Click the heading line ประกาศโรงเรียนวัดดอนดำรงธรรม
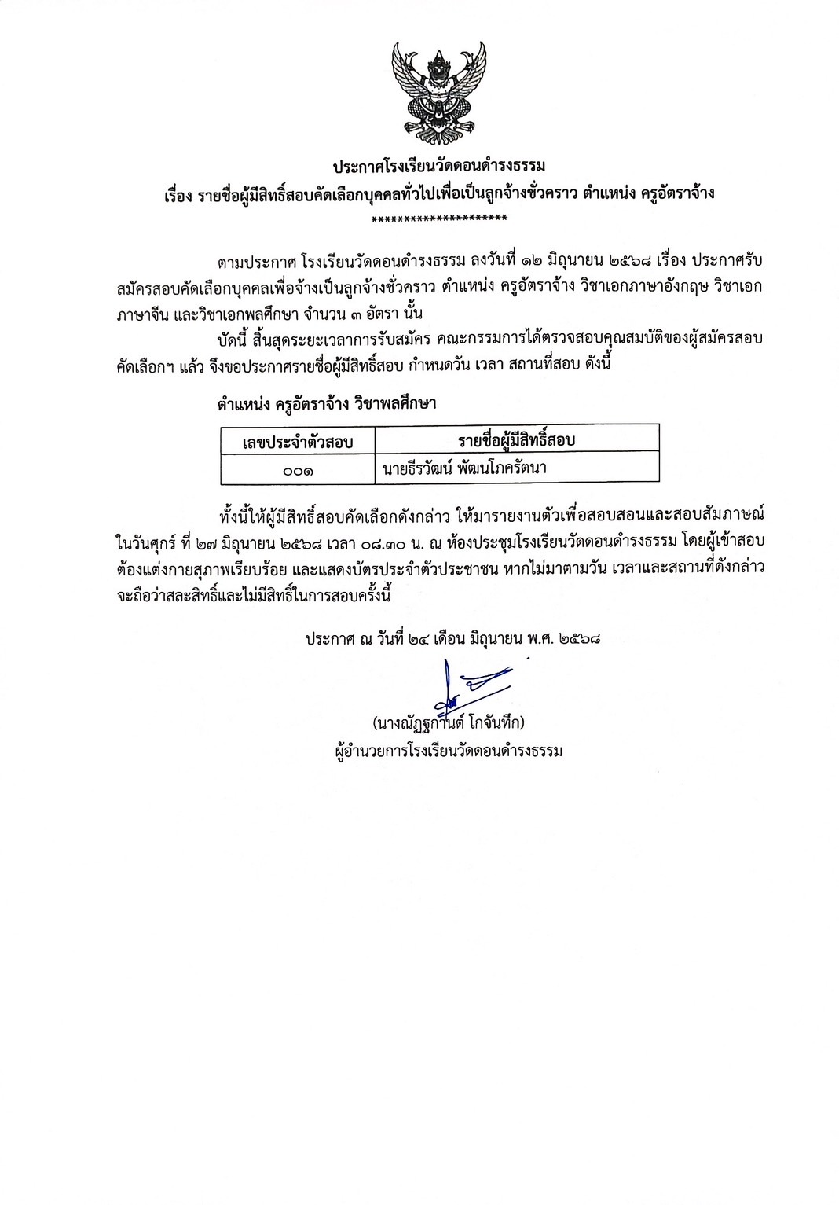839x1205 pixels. (438, 167)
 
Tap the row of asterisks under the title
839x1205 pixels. (439, 219)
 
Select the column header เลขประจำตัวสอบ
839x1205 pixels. (298, 442)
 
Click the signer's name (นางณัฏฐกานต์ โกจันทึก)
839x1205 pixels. (449, 722)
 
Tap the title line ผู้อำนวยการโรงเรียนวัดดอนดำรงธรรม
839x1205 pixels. (449, 751)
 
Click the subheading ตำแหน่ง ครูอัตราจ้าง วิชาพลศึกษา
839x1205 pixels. (327, 404)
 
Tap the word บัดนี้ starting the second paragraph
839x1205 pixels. (235, 339)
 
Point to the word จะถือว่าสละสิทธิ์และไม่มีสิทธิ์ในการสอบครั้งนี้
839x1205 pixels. (251, 594)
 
